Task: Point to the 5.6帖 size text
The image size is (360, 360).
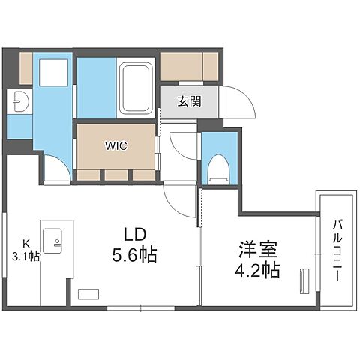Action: pyautogui.click(x=135, y=255)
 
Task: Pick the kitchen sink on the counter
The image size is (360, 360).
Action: pyautogui.click(x=55, y=239)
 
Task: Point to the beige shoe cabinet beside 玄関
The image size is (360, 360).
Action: pyautogui.click(x=189, y=66)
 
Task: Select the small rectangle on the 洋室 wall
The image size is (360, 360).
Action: pyautogui.click(x=303, y=283)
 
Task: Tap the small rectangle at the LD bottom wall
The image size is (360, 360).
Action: pyautogui.click(x=88, y=294)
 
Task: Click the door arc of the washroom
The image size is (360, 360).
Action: pyautogui.click(x=57, y=169)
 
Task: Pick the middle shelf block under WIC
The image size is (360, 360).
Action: pyautogui.click(x=116, y=175)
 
